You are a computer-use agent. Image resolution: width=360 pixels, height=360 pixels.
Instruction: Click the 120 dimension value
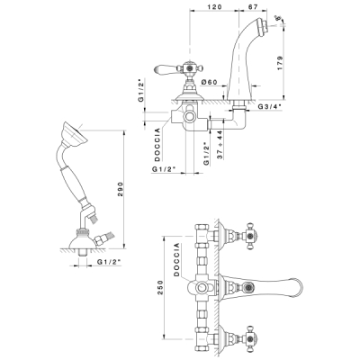pyautogui.click(x=214, y=6)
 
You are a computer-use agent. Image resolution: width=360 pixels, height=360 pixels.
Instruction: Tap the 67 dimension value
pyautogui.click(x=253, y=6)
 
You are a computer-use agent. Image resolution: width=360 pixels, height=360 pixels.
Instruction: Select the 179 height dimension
pyautogui.click(x=280, y=63)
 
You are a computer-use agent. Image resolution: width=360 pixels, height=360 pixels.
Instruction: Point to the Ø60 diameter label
pyautogui.click(x=210, y=82)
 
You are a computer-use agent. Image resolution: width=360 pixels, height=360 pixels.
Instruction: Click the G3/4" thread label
pyautogui.click(x=270, y=106)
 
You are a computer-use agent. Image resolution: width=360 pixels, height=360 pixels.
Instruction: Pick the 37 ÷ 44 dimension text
pyautogui.click(x=220, y=145)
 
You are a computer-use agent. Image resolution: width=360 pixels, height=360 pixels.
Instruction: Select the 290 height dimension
pyautogui.click(x=120, y=189)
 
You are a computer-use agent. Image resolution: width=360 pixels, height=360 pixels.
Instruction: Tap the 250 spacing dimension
pyautogui.click(x=160, y=287)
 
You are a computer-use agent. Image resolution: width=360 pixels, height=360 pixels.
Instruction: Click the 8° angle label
pyautogui.click(x=281, y=19)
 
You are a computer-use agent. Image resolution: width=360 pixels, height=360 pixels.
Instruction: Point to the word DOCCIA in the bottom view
pyautogui.click(x=176, y=259)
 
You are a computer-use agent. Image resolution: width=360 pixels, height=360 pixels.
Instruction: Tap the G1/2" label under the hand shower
pyautogui.click(x=109, y=262)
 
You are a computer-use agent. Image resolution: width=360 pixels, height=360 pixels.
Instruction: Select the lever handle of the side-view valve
pyautogui.click(x=166, y=68)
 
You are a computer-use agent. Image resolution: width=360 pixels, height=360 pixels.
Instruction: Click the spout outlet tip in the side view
pyautogui.click(x=264, y=25)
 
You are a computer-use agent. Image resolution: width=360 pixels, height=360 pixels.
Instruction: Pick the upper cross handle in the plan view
pyautogui.click(x=249, y=236)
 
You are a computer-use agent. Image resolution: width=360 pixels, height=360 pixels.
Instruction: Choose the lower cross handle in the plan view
pyautogui.click(x=249, y=339)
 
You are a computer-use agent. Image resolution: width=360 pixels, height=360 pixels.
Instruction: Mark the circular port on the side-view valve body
pyautogui.click(x=190, y=117)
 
